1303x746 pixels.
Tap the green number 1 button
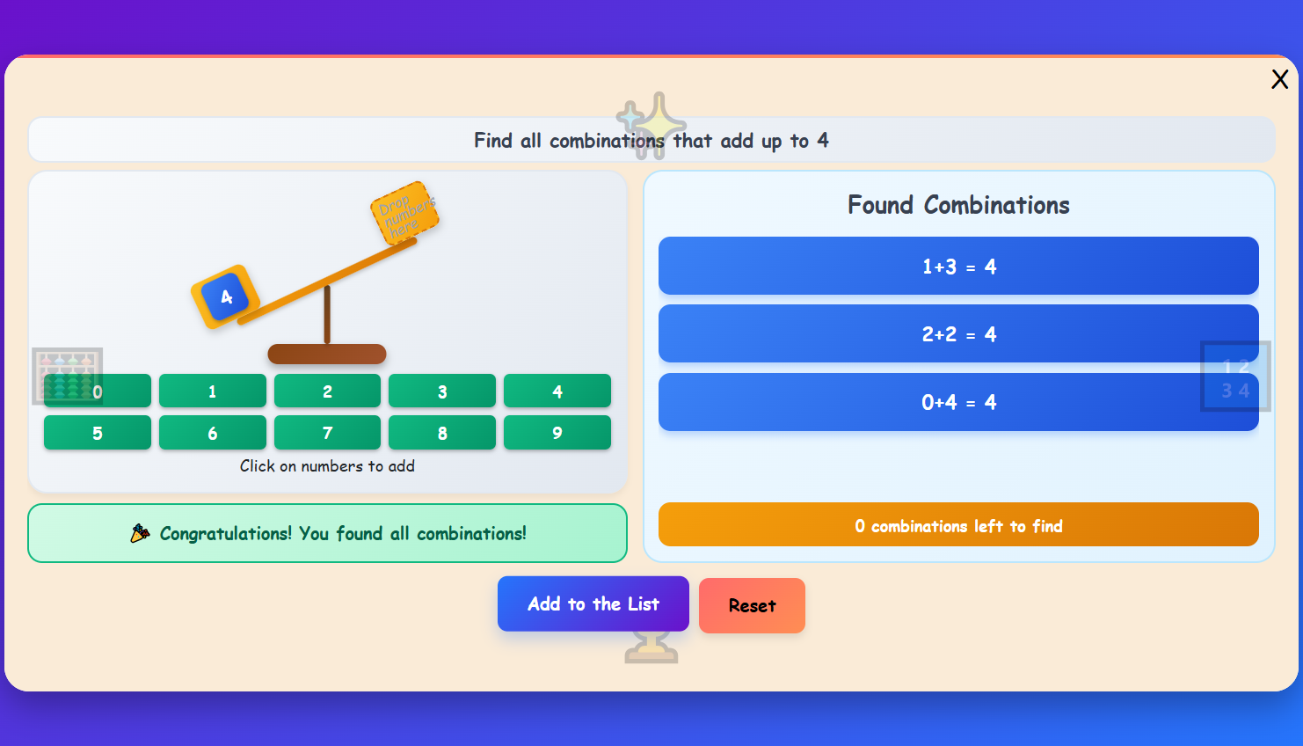pos(213,391)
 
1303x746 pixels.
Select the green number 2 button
pos(327,391)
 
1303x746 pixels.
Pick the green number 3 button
pos(442,391)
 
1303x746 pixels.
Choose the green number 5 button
pos(98,433)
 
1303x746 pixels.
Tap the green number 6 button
pos(213,433)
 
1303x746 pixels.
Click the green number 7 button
pos(327,433)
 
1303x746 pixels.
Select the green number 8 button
pos(442,433)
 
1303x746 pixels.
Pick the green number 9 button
pos(557,433)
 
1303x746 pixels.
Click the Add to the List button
pos(593,603)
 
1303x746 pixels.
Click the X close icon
pos(1279,79)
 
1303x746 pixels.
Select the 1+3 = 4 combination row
pos(958,266)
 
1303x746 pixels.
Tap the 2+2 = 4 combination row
pos(958,333)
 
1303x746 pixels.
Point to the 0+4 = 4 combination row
pos(958,402)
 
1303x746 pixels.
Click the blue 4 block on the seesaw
pos(225,297)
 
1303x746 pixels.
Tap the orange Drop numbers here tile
pos(404,213)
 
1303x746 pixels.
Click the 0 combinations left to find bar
pos(958,525)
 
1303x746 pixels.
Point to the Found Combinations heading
pos(958,205)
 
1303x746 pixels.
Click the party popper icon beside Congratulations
pos(140,533)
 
